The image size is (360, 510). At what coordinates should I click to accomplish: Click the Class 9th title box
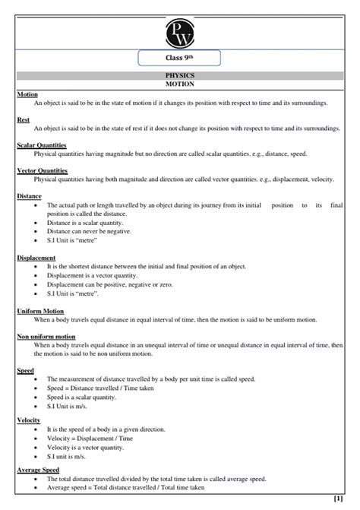tap(180, 58)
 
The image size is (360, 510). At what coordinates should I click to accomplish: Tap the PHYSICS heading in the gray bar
tap(180, 77)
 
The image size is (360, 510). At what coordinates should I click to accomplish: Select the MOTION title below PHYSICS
tap(180, 85)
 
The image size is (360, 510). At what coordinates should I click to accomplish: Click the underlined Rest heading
tap(24, 119)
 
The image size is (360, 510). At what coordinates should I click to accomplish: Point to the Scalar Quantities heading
tap(41, 144)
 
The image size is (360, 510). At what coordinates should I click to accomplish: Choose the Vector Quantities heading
tap(42, 170)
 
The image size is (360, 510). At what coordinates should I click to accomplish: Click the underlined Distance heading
tap(29, 196)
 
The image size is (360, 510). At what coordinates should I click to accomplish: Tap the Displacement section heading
tap(36, 258)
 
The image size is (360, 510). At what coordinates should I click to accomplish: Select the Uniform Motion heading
tap(40, 311)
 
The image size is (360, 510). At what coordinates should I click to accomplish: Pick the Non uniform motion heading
tap(46, 336)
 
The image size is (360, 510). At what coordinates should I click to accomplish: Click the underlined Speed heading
tap(25, 370)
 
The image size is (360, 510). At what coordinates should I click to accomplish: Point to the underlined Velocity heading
tap(29, 420)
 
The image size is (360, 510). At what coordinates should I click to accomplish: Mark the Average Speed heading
tap(38, 470)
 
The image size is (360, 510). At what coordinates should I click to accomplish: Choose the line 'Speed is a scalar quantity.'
tap(81, 397)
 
